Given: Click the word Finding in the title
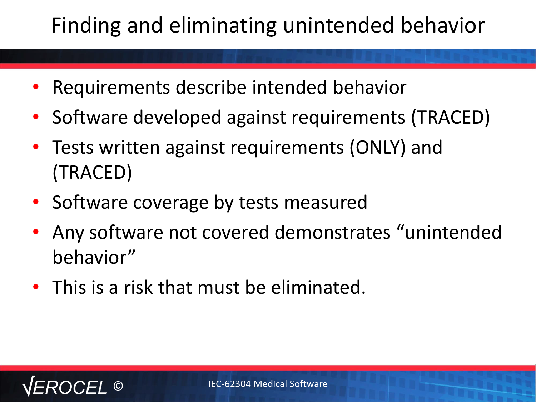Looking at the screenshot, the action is [86, 26].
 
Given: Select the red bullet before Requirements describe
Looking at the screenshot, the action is [36, 86].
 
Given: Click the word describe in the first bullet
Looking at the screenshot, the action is [211, 87].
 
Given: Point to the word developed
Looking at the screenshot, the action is [177, 118].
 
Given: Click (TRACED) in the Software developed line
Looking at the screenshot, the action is [451, 118].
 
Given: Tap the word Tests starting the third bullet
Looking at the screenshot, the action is [73, 148].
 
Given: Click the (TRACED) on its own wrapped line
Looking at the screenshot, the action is [92, 173].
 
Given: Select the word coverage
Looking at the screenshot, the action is [171, 203].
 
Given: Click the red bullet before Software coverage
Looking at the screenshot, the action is [36, 202].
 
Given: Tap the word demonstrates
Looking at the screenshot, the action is [333, 232].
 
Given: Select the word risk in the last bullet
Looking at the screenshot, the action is [138, 287].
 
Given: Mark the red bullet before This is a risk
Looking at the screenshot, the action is [36, 287].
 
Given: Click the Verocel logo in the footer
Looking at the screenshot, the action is [65, 386].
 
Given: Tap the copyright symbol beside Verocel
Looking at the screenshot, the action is [118, 386].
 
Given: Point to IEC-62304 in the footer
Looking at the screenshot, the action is [229, 384].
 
